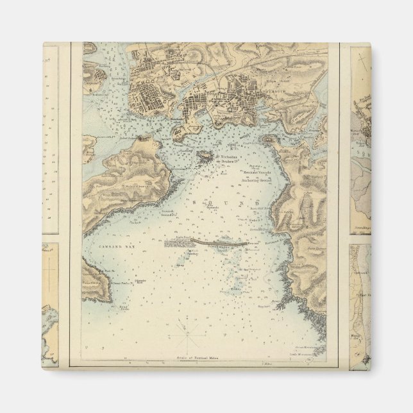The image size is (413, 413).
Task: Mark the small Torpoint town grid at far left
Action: [94, 81]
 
